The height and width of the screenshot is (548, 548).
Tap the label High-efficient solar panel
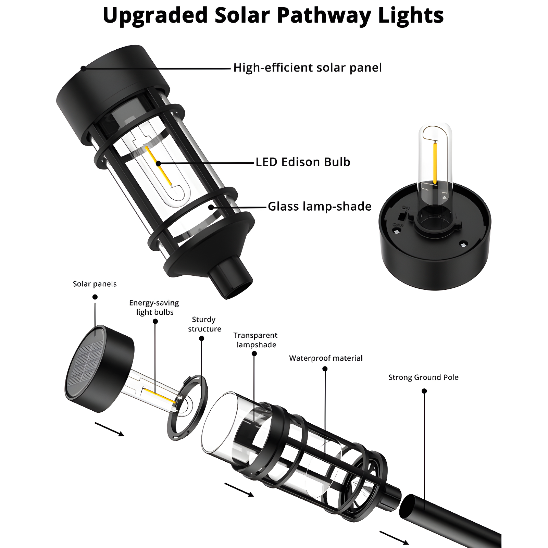[x=307, y=68]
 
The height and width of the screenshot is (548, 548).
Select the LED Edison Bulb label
[x=303, y=162]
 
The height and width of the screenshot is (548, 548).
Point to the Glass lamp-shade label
[x=319, y=207]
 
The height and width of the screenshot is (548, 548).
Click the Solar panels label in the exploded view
[x=95, y=284]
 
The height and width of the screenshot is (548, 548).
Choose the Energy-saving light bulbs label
[x=154, y=308]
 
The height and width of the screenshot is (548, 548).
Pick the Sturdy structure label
[x=204, y=324]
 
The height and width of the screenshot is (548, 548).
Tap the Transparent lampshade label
[x=256, y=340]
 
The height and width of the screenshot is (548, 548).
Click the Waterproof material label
[x=326, y=358]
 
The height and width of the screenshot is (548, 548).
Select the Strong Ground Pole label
[x=423, y=377]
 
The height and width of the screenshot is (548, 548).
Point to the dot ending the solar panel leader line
[x=83, y=68]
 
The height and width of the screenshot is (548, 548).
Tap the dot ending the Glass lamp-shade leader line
[x=211, y=207]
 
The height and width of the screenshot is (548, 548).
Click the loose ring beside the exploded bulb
[x=187, y=408]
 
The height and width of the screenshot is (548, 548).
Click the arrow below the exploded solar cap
[x=109, y=429]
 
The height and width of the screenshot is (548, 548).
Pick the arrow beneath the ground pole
[x=394, y=537]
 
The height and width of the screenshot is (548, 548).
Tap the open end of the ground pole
[x=408, y=507]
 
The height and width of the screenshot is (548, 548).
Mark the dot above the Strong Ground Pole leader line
[x=424, y=391]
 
